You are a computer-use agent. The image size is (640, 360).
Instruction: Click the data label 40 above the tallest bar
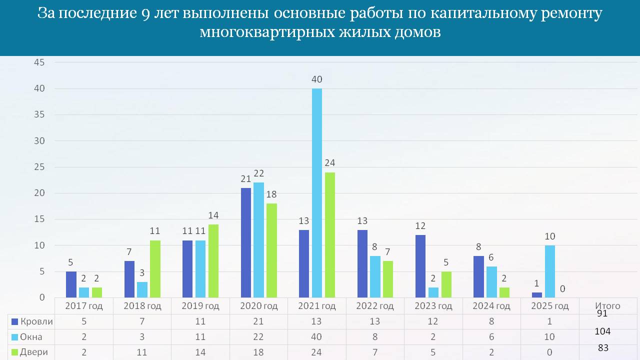click(x=317, y=79)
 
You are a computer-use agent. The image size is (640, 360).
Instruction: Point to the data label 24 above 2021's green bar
click(x=330, y=162)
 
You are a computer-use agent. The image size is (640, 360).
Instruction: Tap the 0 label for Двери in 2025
click(x=562, y=288)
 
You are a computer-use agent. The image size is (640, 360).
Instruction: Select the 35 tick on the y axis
click(x=39, y=114)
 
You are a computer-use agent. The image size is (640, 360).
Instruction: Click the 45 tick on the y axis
click(x=39, y=62)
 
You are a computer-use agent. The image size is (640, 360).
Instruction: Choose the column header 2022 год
click(x=375, y=306)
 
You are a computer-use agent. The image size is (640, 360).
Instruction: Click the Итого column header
click(x=607, y=306)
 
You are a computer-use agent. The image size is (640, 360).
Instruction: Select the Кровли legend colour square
click(x=14, y=322)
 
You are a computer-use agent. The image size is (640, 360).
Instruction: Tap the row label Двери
click(x=34, y=352)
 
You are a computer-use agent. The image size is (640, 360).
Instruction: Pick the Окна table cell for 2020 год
click(x=258, y=337)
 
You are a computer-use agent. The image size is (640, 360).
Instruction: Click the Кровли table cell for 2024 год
click(x=491, y=322)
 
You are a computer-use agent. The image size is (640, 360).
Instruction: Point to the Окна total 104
click(x=602, y=331)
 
